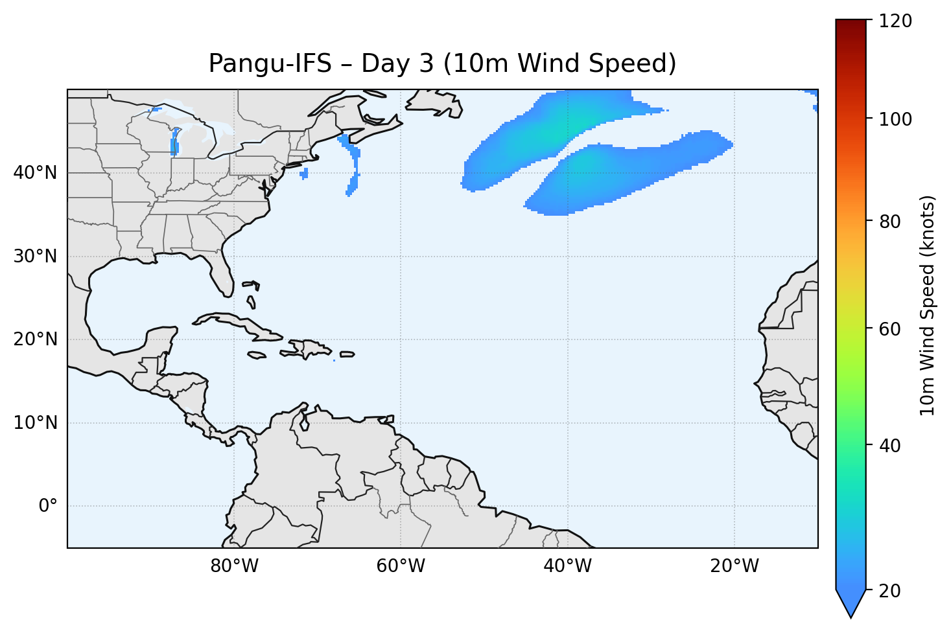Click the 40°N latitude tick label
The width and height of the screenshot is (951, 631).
point(35,173)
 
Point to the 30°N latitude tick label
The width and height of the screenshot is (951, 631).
point(35,257)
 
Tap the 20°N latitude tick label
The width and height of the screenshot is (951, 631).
point(35,339)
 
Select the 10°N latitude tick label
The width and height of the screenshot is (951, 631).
point(35,423)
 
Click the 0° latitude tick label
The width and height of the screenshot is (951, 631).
point(48,506)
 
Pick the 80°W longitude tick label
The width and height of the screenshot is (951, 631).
point(234,566)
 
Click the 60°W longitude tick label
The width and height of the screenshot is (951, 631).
point(401,566)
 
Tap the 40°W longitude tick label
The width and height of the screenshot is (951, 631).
point(567,566)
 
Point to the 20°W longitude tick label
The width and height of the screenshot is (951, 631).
point(734,566)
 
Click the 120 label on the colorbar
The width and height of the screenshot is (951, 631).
point(895,21)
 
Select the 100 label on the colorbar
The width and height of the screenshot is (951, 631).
point(895,120)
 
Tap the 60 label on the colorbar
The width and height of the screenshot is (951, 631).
point(891,329)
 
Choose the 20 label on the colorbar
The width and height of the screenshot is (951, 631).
point(891,591)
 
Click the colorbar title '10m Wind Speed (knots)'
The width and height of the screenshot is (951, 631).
point(928,305)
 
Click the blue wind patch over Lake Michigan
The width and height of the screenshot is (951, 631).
point(174,143)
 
